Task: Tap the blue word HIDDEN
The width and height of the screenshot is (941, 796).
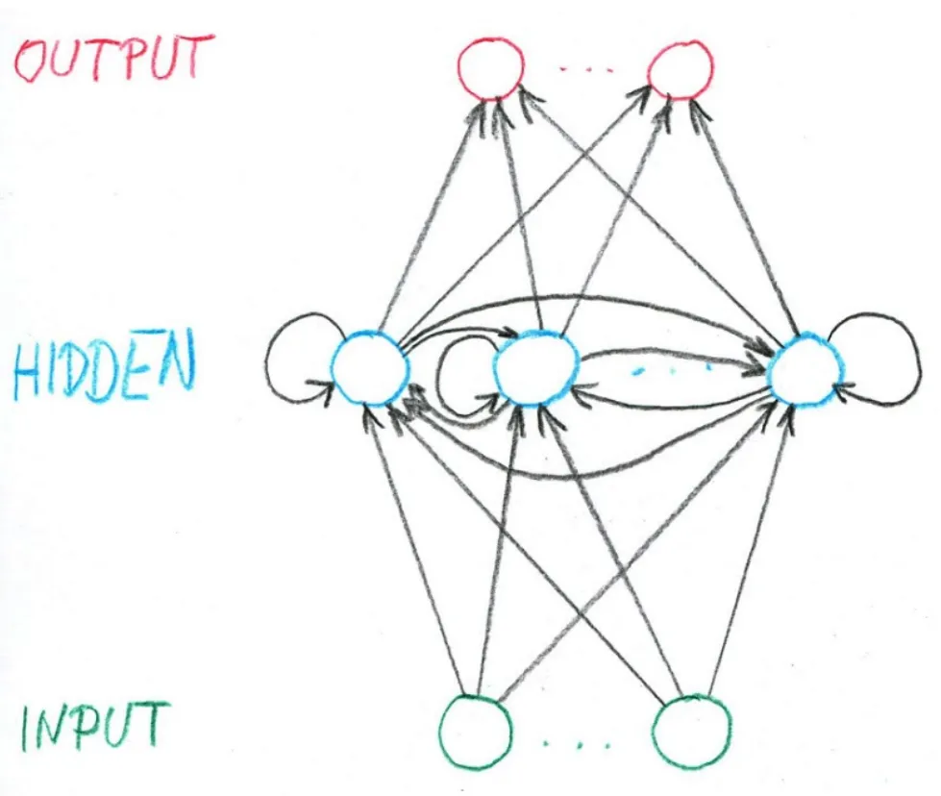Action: click(x=104, y=368)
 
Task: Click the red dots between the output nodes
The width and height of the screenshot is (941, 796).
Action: click(x=585, y=71)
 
